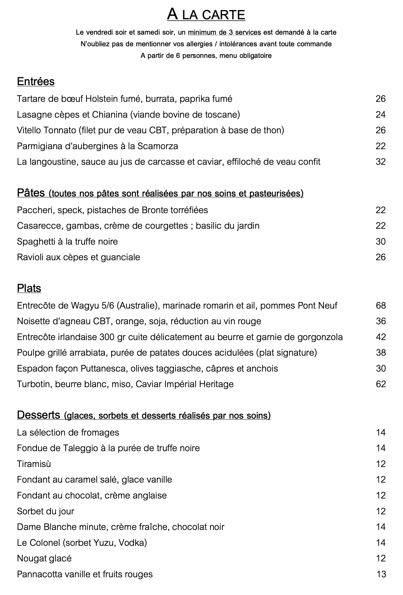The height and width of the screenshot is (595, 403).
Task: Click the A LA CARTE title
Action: click(206, 15)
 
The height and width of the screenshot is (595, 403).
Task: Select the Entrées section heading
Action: click(36, 81)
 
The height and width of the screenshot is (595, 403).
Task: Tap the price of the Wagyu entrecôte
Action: click(381, 305)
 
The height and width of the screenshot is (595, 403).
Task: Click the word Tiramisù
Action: click(34, 464)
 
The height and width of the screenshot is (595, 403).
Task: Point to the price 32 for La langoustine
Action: click(381, 162)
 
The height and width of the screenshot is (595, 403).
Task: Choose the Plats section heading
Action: click(29, 288)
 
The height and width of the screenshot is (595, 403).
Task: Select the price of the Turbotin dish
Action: click(381, 384)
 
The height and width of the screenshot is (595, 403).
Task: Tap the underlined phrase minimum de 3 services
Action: click(225, 33)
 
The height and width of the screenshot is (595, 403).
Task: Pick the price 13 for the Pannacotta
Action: click(381, 574)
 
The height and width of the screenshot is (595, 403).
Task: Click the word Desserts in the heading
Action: click(38, 415)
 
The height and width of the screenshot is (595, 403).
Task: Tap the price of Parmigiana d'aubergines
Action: click(381, 146)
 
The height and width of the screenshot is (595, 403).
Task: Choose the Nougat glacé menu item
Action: click(44, 558)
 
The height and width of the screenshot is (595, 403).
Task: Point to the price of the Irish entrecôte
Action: click(381, 337)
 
